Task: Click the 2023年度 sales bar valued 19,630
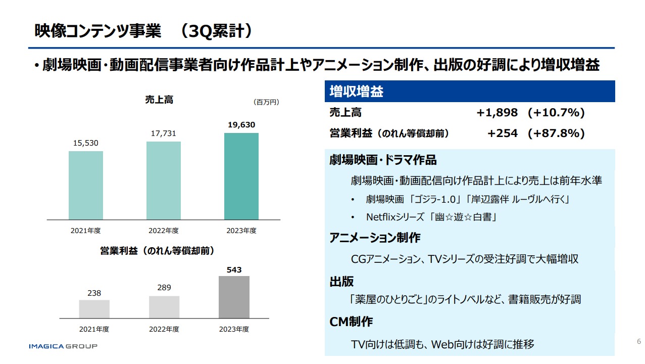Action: tap(241, 176)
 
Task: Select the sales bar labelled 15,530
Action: tap(86, 185)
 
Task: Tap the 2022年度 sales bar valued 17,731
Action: tap(164, 180)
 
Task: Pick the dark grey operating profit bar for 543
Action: tap(234, 297)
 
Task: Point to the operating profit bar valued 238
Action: tap(94, 309)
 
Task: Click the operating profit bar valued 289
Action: tap(164, 307)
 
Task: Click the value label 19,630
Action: tap(241, 125)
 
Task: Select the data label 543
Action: tap(234, 270)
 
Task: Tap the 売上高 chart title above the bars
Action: tap(159, 100)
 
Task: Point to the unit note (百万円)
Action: tap(266, 102)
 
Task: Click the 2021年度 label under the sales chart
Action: tap(86, 231)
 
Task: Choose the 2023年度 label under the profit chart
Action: tap(234, 329)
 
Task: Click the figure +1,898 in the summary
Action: tap(497, 113)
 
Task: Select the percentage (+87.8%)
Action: tap(556, 133)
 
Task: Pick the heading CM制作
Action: tap(351, 322)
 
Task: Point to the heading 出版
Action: tap(341, 282)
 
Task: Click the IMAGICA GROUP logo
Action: tap(63, 346)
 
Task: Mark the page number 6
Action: tap(638, 341)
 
